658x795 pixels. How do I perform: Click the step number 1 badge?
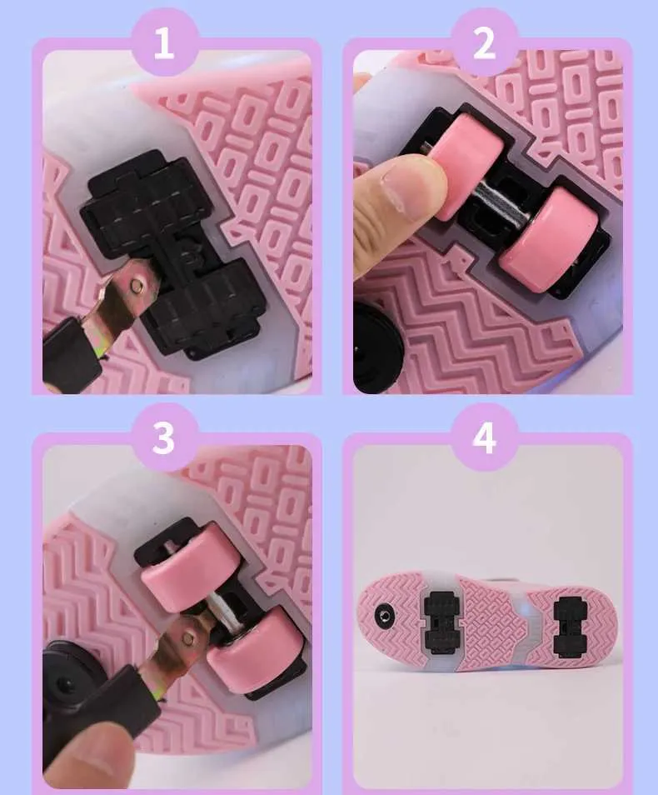[x=163, y=42]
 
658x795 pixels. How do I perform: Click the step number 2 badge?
[x=484, y=42]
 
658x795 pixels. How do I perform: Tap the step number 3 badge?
[x=163, y=437]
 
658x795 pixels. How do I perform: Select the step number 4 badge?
[x=484, y=437]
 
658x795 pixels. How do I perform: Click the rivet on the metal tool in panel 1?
[x=136, y=286]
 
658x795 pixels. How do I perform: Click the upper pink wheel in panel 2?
[x=470, y=167]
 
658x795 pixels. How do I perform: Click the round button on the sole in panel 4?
[x=386, y=616]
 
